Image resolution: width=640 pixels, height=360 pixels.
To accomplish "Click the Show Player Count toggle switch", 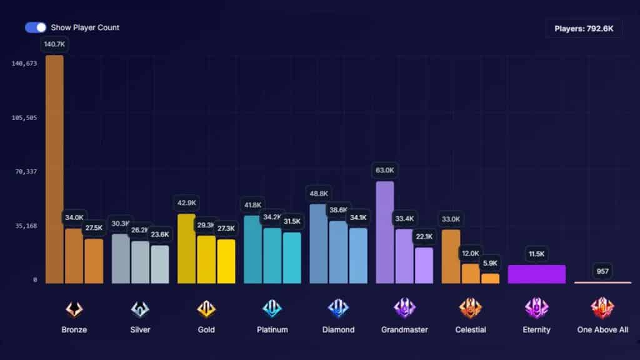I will pos(36,27).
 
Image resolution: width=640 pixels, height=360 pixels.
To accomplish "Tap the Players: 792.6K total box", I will pos(584,28).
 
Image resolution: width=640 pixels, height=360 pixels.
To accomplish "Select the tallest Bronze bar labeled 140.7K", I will pos(54,169).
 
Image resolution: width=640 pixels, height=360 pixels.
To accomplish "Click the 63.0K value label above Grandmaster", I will pos(385,170).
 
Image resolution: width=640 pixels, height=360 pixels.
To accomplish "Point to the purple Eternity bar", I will pos(536,274).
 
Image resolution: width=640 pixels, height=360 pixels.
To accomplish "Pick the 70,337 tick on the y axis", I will pos(26,171).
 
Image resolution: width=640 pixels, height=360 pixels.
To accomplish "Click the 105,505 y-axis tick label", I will pos(26,117).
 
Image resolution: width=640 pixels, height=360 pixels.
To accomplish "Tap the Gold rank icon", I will pos(206,309).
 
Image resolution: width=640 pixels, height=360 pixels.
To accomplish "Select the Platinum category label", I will pos(272,329).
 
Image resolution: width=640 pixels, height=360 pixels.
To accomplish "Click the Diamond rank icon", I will pos(338,309).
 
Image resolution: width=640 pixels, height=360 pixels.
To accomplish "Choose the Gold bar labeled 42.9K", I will pos(186,249).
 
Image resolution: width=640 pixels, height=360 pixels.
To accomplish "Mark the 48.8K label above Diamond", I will pos(318,194).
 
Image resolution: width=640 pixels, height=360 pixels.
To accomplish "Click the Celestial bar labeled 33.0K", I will pos(451,256).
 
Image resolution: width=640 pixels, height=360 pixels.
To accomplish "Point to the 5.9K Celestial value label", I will pos(490,263).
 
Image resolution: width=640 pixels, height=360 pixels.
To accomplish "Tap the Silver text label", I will pos(140,329).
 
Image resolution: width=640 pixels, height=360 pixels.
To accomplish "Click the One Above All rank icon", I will pos(602,309).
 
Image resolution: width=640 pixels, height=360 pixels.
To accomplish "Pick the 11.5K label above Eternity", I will pos(536,254).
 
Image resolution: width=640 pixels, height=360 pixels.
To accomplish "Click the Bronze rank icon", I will pos(74,309).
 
